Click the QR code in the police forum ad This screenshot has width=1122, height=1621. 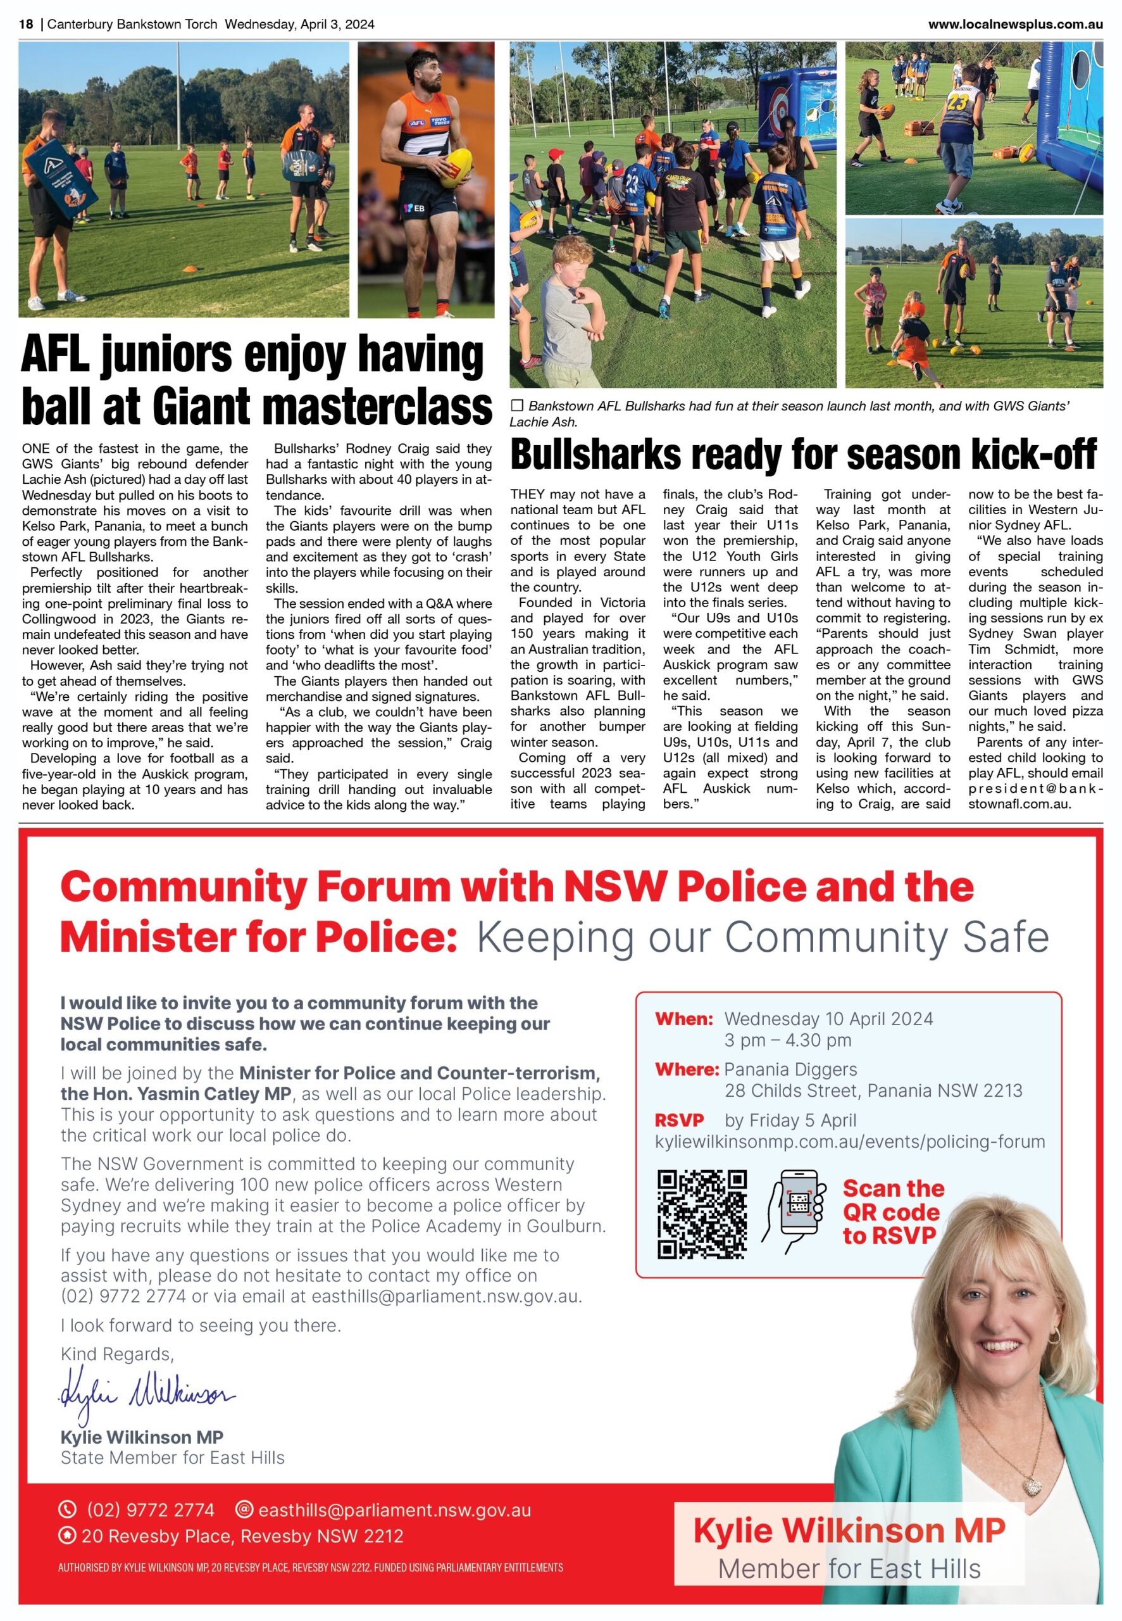701,1214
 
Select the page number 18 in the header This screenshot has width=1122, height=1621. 26,25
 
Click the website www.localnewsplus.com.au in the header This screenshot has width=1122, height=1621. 1015,25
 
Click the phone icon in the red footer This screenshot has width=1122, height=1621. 68,1510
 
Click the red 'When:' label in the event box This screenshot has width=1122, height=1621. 683,1019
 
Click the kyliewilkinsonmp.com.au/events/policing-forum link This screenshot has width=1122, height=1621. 849,1142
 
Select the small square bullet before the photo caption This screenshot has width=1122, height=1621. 518,406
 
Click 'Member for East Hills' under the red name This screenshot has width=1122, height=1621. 849,1569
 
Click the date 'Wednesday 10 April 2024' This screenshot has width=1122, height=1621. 828,1019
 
